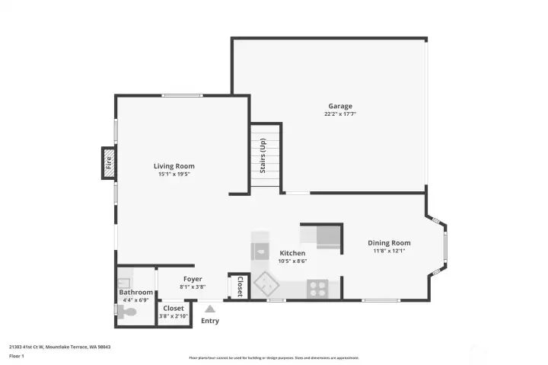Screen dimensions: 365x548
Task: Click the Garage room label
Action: click(x=339, y=106)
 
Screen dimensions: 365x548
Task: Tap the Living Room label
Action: click(x=174, y=166)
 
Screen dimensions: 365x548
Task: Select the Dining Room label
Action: click(x=389, y=243)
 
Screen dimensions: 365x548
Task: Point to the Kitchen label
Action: click(x=292, y=253)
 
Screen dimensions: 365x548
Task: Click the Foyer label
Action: click(x=192, y=279)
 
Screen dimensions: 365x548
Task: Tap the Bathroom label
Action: click(x=135, y=293)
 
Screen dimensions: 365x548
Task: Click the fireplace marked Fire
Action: click(x=109, y=163)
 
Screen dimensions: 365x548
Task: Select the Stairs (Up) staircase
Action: click(x=266, y=156)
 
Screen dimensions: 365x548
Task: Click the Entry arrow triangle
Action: click(x=209, y=309)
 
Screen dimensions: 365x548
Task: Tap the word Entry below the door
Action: click(x=209, y=321)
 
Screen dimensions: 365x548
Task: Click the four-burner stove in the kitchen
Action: click(x=317, y=288)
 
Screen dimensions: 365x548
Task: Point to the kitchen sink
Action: click(x=260, y=249)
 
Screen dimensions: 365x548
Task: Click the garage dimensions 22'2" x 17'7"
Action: click(x=339, y=114)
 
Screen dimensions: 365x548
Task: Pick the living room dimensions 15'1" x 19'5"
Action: click(x=174, y=174)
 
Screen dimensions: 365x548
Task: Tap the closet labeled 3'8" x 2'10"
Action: click(x=173, y=312)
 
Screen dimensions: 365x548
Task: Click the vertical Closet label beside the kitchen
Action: click(x=239, y=286)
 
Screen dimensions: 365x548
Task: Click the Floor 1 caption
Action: click(x=17, y=356)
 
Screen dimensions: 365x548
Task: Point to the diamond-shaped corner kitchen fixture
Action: click(x=266, y=283)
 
